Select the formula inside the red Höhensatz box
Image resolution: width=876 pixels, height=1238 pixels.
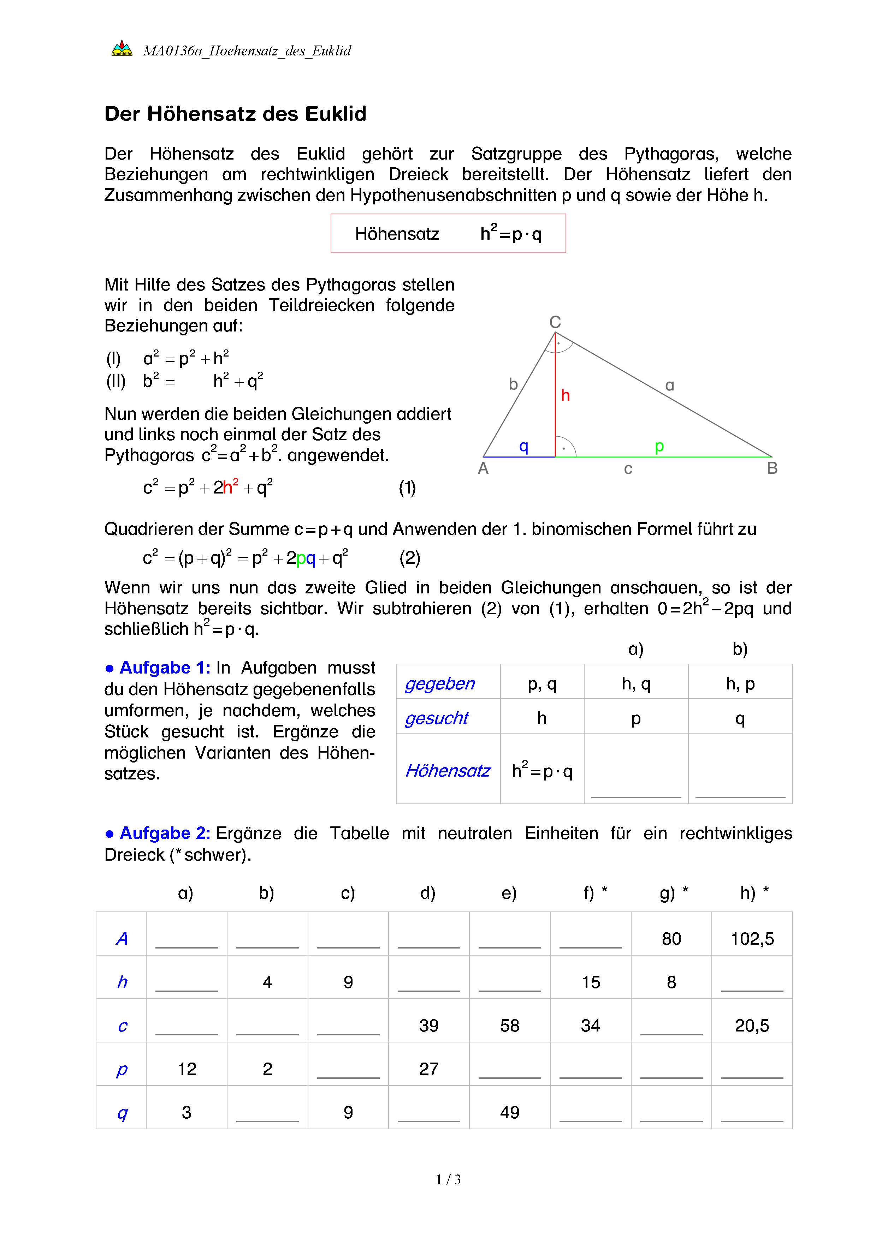510,233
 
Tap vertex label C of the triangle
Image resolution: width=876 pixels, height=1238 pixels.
555,322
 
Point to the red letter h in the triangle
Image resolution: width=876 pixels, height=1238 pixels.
565,396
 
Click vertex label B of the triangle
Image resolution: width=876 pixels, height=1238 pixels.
771,468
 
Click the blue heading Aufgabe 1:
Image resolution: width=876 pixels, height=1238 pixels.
165,668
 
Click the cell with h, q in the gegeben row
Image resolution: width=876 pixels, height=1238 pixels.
635,684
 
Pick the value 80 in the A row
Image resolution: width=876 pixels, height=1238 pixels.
671,939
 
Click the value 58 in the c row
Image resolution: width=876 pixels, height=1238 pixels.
509,1025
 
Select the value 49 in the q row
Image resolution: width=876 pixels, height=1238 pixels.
509,1112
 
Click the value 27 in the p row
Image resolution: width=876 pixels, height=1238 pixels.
428,1069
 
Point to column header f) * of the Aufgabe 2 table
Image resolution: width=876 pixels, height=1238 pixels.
595,893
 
